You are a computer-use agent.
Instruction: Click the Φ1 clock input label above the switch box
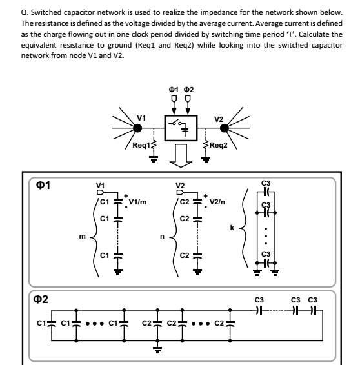[173, 89]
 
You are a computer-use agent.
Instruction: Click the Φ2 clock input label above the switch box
[188, 89]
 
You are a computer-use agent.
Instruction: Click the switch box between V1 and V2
[179, 126]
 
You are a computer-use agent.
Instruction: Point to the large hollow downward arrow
[180, 155]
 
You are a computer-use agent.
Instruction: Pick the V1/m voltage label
[138, 202]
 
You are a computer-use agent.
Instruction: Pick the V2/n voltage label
[219, 202]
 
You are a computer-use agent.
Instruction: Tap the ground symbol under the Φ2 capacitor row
[157, 351]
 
